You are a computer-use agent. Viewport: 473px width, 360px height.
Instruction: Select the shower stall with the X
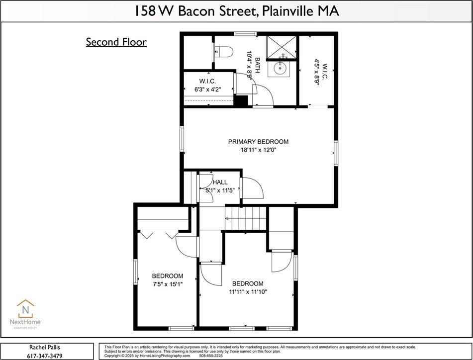coord(282,46)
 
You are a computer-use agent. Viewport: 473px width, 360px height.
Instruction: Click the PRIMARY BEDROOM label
coord(258,142)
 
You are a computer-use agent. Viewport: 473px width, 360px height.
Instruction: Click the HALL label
coord(220,182)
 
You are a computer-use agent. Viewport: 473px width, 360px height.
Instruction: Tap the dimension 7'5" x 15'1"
coord(167,284)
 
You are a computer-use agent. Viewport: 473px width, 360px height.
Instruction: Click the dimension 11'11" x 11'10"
coord(248,292)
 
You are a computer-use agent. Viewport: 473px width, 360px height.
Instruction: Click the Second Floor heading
coord(116,42)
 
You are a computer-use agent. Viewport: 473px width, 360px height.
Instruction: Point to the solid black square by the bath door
coord(241,101)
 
